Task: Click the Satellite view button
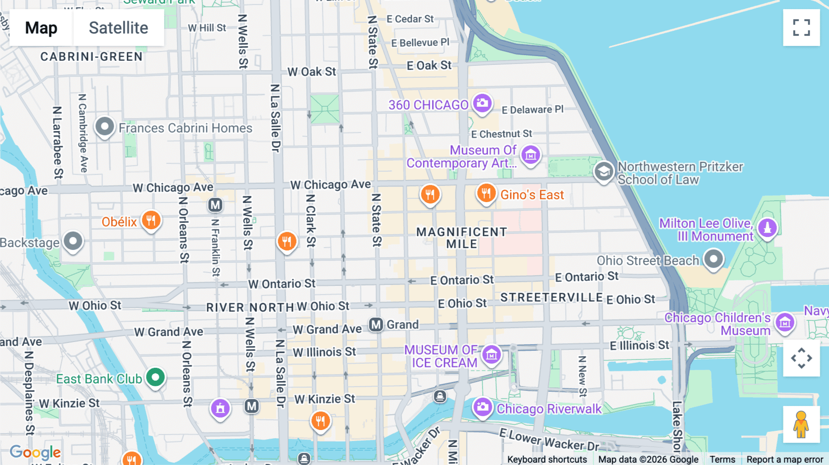[x=118, y=28]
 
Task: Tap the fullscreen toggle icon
[x=801, y=28]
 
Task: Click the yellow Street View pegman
[x=801, y=424]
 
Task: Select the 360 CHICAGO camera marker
[x=482, y=103]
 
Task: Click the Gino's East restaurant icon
[x=486, y=193]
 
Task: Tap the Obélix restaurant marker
[x=151, y=221]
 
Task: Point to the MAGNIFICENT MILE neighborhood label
[x=461, y=238]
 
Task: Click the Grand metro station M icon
[x=376, y=325]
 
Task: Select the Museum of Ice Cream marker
[x=491, y=355]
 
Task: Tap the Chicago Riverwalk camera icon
[x=483, y=407]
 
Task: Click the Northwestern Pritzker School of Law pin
[x=603, y=172]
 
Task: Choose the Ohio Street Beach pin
[x=713, y=259]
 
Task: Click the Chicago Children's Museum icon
[x=785, y=323]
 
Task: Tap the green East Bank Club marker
[x=156, y=378]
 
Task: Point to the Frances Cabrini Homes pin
[x=105, y=127]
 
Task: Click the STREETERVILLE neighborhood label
[x=551, y=297]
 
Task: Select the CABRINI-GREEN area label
[x=91, y=57]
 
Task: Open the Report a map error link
[x=784, y=459]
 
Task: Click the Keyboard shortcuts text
[x=547, y=459]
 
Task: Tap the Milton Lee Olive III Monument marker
[x=767, y=227]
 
